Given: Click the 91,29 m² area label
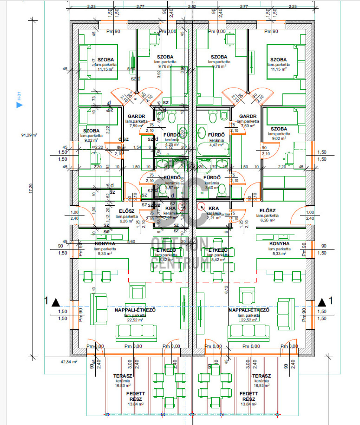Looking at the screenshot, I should coord(30,135).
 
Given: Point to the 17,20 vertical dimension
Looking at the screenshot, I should coord(31,188).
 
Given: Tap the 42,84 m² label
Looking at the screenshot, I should coord(69,361).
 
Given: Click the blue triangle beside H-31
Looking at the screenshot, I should coord(20,105).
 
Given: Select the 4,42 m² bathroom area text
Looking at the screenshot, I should coord(216,144).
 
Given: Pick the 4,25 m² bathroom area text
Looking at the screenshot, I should coord(172,144).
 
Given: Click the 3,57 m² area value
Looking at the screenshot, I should coord(172,187).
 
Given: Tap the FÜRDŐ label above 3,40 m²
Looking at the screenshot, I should coord(212,178).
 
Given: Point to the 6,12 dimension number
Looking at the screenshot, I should coord(226,289).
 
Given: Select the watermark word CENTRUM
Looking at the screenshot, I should coord(180,263).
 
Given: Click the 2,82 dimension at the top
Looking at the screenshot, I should coord(192,6).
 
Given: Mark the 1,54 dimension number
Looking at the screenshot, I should coord(137,147).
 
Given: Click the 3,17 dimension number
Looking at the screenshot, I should coord(94,62).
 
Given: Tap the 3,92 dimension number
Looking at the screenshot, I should coord(159,74).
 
